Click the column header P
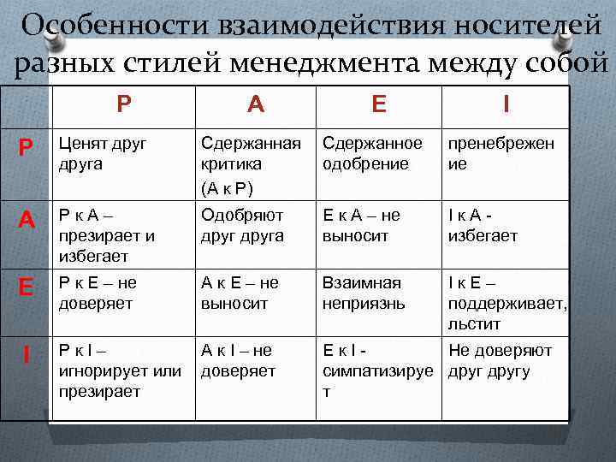124,104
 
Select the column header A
255,104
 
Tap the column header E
379,104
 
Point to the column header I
506,104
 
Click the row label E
27,287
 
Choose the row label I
27,354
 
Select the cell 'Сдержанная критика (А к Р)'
250,163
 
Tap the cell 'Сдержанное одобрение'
372,153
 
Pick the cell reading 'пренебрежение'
500,153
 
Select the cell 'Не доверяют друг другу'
500,360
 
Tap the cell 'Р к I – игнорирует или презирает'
120,370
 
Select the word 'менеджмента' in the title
359,63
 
